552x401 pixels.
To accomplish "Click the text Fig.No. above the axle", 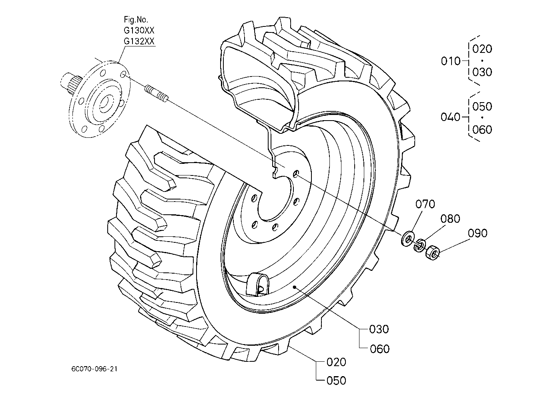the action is (x=136, y=20).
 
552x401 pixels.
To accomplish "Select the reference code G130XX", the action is (x=139, y=30).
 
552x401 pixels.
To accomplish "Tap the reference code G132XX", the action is (x=139, y=41).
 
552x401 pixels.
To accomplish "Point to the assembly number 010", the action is (x=451, y=61).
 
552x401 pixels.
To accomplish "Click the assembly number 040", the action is (x=450, y=117).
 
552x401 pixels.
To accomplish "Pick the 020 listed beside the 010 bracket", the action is (x=482, y=49).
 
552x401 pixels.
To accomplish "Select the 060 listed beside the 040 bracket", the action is (x=482, y=129).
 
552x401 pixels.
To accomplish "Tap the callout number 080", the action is (x=450, y=219).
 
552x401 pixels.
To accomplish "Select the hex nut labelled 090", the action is (x=433, y=252).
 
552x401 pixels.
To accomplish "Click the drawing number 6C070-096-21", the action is (x=94, y=369).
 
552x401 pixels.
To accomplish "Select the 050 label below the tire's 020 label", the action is (x=336, y=381).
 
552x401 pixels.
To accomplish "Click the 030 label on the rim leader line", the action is (x=379, y=329).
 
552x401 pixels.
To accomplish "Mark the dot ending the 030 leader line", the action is (x=294, y=287).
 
